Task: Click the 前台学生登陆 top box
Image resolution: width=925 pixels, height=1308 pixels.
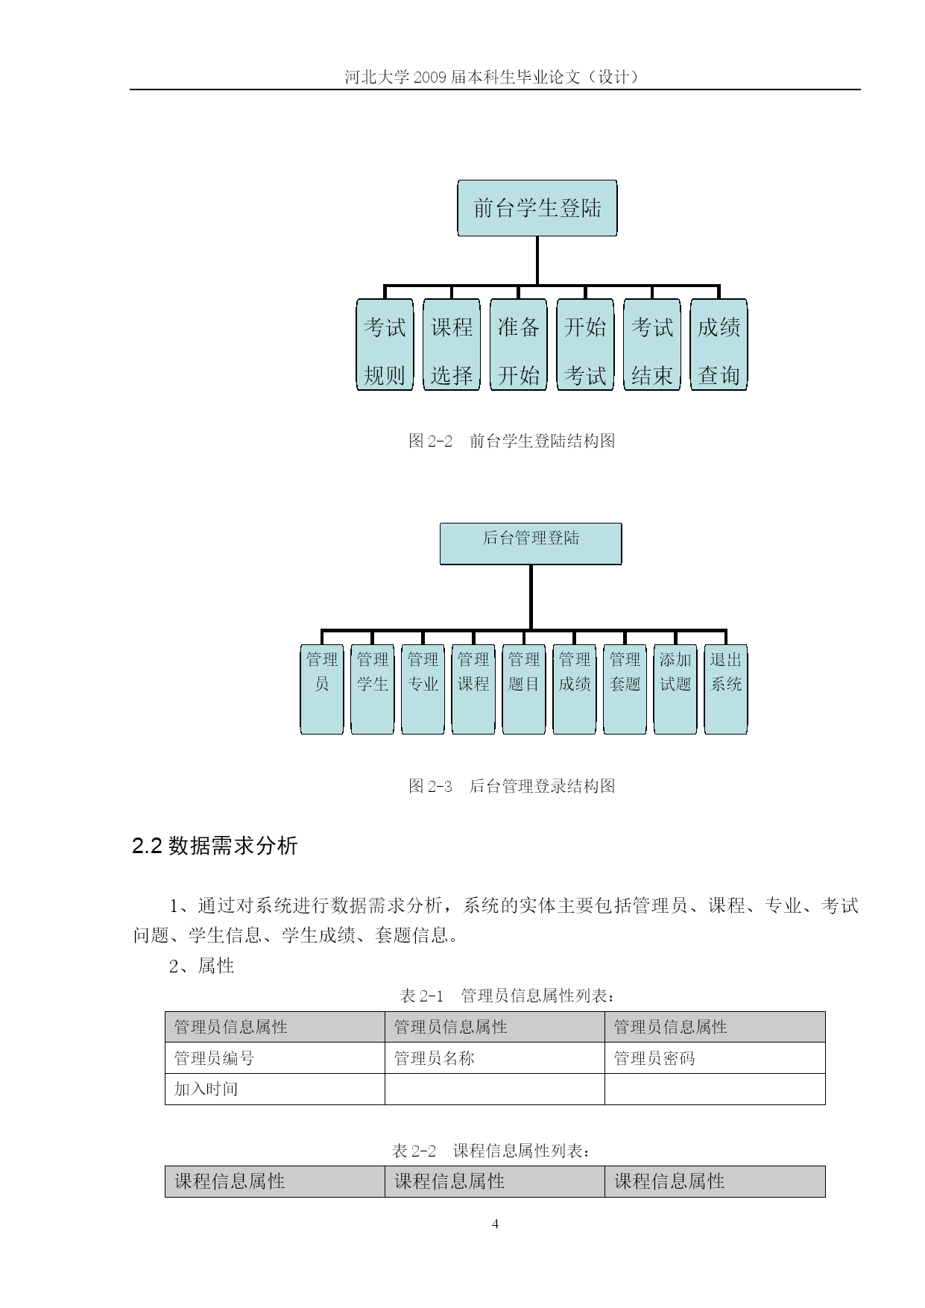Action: (537, 208)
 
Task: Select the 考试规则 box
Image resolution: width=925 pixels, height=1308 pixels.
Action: (385, 345)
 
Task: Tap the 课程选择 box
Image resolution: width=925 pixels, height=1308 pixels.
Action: (452, 345)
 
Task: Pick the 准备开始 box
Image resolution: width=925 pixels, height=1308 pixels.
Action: (519, 345)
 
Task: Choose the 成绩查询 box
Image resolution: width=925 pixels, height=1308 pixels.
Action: (719, 345)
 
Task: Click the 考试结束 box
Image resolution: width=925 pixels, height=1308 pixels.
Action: (652, 345)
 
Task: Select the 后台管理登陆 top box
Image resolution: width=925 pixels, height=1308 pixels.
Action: (531, 544)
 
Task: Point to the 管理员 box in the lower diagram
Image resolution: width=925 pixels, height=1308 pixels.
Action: (322, 689)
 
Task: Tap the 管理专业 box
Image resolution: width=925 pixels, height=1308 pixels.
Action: (423, 689)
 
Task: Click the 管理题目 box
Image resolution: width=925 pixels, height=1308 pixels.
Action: (524, 689)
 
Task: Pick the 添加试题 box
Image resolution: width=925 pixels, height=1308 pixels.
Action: (675, 689)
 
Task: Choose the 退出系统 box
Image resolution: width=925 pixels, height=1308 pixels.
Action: (726, 689)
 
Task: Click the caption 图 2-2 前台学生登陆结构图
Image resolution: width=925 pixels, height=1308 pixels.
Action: (512, 441)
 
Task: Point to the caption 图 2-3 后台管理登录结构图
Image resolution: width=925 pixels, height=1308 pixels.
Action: (512, 786)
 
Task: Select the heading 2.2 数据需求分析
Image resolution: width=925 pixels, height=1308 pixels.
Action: (215, 846)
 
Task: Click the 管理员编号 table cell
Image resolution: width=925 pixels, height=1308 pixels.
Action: (274, 1058)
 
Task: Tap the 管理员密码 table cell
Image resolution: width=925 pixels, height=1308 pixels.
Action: (715, 1058)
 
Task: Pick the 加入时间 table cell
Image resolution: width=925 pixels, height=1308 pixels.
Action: (274, 1089)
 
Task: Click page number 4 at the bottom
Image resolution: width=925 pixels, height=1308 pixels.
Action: (496, 1224)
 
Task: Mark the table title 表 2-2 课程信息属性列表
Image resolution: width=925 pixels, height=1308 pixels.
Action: (493, 1151)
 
